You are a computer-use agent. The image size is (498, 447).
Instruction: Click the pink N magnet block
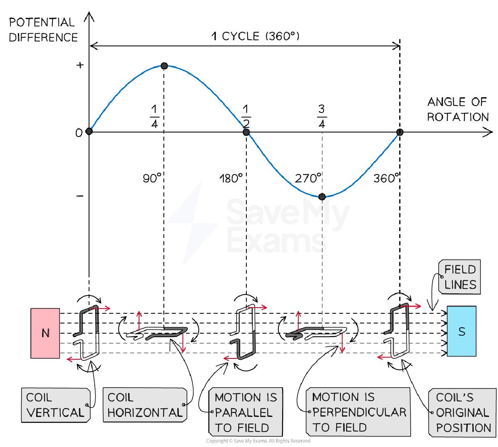tap(45, 333)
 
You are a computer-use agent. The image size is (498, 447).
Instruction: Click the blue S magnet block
tap(461, 331)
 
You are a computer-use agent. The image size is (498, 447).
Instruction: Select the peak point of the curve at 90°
tap(164, 66)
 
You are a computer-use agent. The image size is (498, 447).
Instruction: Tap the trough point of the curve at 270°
tap(322, 197)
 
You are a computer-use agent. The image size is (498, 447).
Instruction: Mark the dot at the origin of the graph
tap(89, 131)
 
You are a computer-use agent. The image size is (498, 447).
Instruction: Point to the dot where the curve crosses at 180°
tap(246, 132)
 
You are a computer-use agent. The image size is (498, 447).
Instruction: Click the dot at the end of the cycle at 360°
tap(400, 132)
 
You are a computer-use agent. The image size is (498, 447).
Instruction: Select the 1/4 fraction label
tap(154, 117)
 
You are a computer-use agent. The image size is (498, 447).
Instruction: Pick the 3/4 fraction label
tap(322, 117)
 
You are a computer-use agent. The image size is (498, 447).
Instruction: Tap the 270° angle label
tap(308, 178)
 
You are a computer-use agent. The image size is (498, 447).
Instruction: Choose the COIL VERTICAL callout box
tap(55, 405)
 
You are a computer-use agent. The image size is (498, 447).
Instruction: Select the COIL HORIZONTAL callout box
tap(145, 405)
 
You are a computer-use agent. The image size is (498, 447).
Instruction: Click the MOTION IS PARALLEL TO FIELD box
tap(246, 412)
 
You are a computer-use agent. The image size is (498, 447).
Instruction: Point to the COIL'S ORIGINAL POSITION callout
tap(463, 412)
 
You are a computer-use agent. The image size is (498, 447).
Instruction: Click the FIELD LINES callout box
tap(460, 277)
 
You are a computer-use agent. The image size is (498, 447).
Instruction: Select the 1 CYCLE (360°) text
tap(255, 37)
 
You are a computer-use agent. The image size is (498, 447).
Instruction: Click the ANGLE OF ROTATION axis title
tap(457, 110)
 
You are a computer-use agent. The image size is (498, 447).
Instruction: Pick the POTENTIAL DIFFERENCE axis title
tap(43, 30)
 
